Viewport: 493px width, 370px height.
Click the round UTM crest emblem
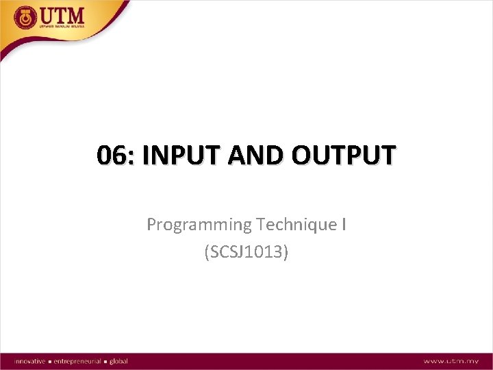[25, 16]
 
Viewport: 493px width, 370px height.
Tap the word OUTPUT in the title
[343, 156]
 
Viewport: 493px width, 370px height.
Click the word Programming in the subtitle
[199, 225]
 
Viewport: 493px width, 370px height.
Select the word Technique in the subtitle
[298, 225]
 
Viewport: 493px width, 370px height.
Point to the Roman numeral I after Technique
[343, 224]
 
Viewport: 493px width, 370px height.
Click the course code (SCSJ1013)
[246, 252]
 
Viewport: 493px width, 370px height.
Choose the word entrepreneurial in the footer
[77, 361]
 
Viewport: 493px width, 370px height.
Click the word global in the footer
[118, 361]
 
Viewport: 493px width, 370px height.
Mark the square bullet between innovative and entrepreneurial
[50, 361]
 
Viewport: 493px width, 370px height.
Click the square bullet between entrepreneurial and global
[105, 361]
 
